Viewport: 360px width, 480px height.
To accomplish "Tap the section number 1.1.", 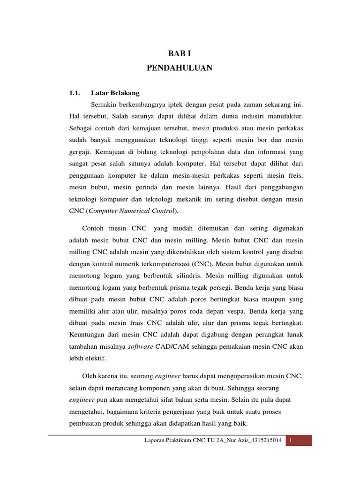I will (75, 93).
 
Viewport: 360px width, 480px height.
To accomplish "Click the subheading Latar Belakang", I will (115, 93).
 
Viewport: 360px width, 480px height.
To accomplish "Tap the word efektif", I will (96, 358).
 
